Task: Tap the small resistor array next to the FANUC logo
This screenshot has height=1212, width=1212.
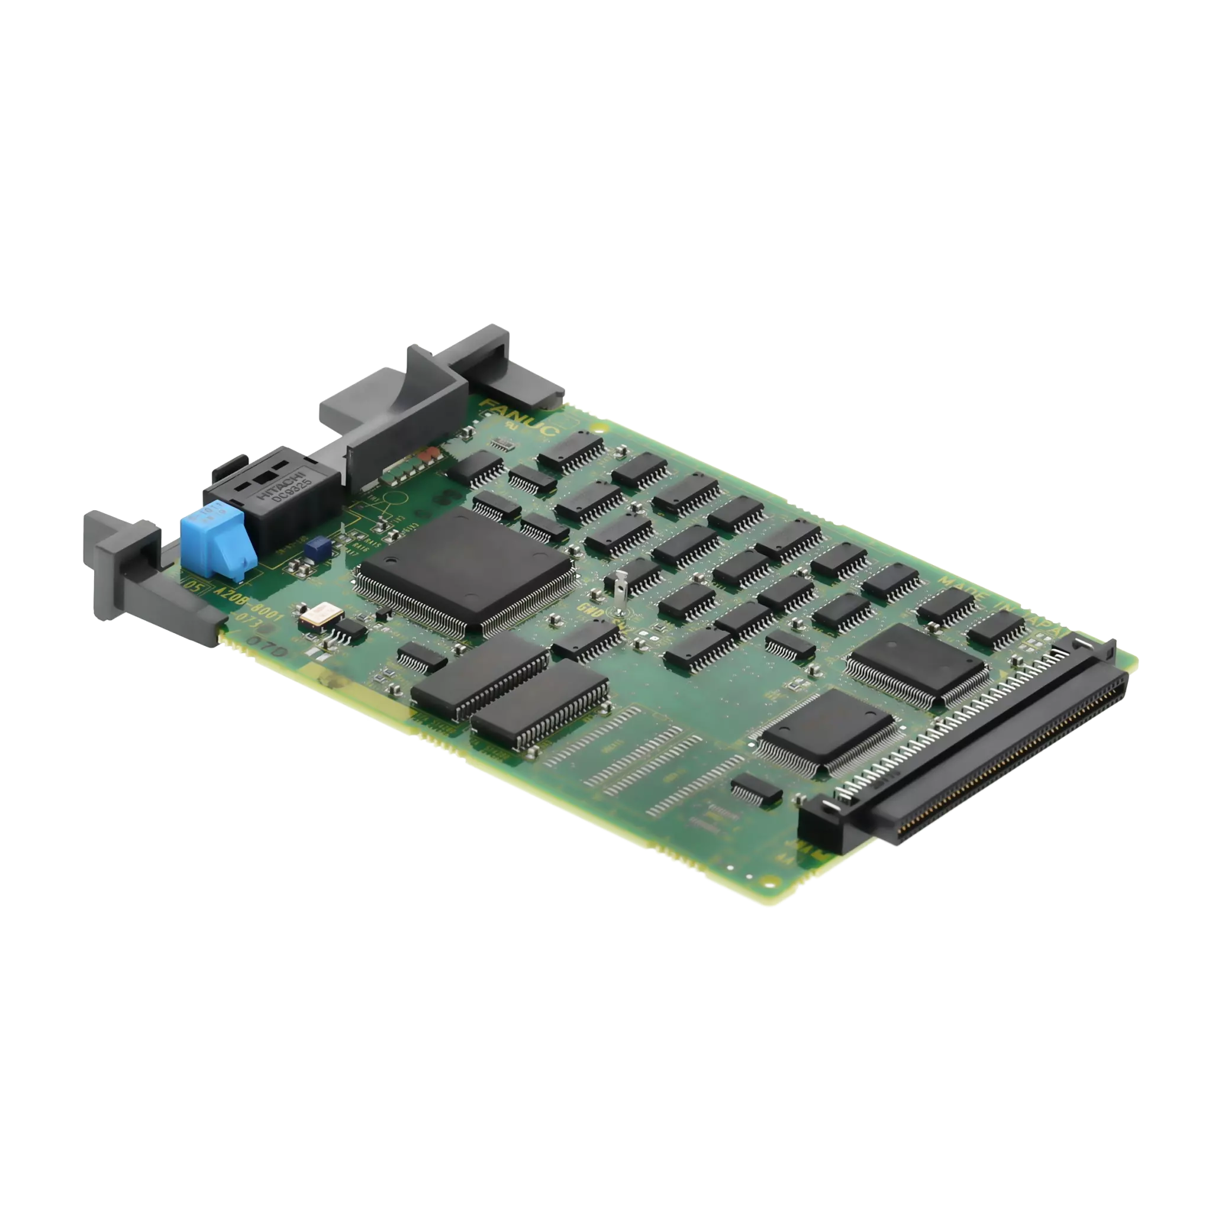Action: click(x=501, y=445)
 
